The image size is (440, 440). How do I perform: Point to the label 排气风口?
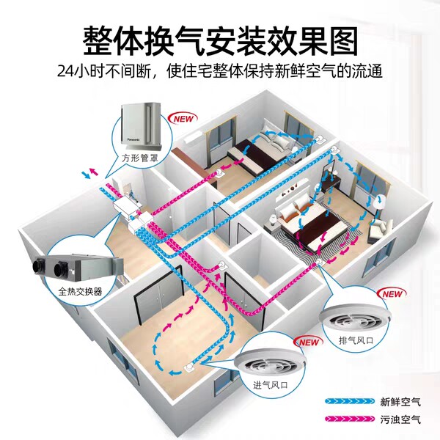tap(356, 340)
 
